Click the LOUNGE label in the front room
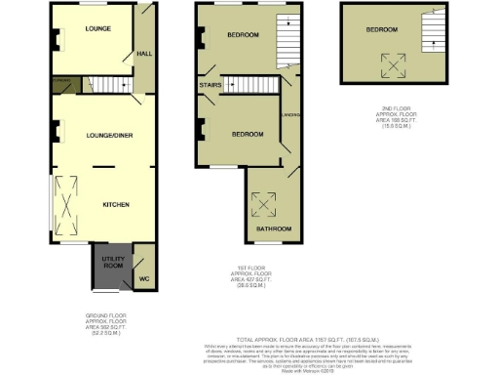pos(97,28)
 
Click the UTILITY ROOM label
pos(112,262)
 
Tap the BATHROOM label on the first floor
pos(268,229)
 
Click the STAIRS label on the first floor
pos(210,86)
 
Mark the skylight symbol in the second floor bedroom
pos(395,64)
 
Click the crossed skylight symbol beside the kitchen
pos(66,205)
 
